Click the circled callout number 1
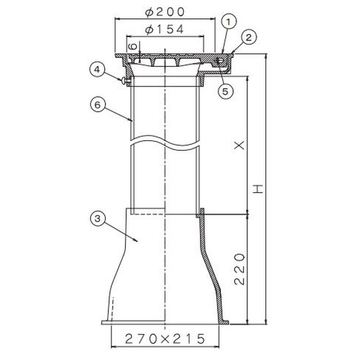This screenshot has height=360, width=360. (x=229, y=22)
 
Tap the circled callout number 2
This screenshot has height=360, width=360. (x=249, y=38)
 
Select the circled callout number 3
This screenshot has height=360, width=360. (x=98, y=218)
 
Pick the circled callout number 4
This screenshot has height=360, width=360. (x=98, y=70)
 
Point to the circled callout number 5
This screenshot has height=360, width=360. (x=225, y=91)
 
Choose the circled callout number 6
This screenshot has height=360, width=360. (x=98, y=105)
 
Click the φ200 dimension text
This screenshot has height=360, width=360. (x=165, y=12)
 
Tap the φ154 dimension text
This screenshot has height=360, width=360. (x=165, y=29)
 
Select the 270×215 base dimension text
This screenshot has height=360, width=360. (x=165, y=339)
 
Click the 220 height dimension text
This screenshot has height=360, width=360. (x=239, y=269)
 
